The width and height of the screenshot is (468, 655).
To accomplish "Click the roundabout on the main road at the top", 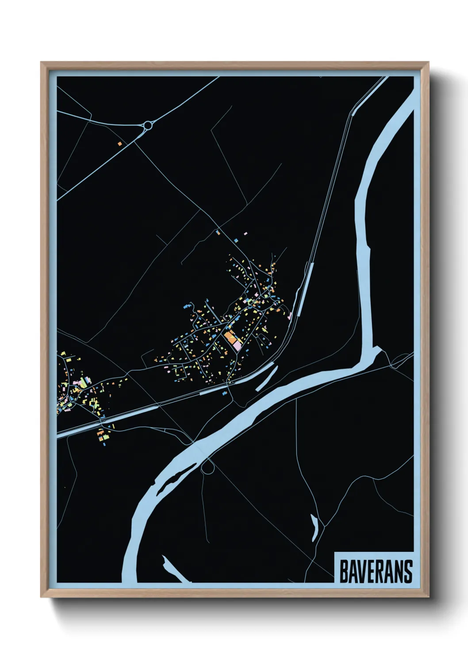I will tap(148, 126).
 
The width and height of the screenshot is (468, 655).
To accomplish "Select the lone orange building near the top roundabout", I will tap(119, 143).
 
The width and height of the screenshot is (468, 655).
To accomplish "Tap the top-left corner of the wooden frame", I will tap(41, 62).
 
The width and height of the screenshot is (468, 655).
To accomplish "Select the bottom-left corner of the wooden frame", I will tap(41, 597).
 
